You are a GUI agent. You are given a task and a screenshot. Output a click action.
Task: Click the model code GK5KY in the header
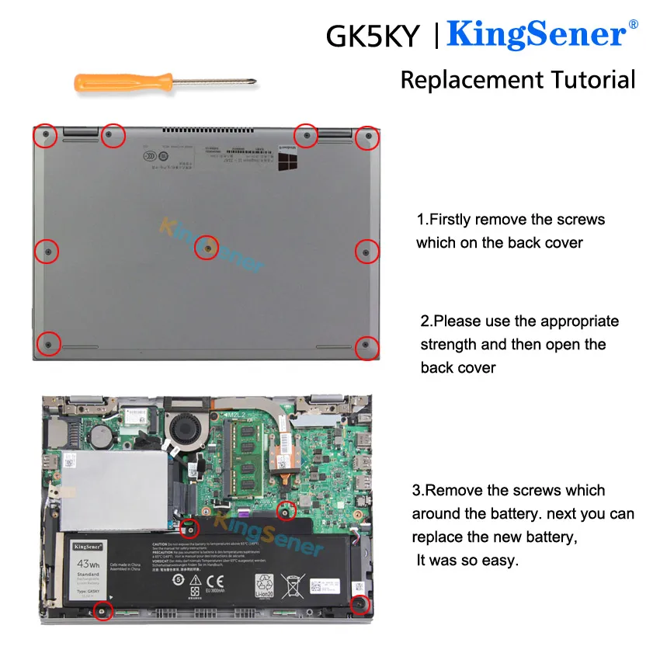(373, 36)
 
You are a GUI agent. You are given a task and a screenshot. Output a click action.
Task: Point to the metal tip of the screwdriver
(250, 80)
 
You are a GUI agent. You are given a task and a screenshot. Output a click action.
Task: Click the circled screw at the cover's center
(207, 248)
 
